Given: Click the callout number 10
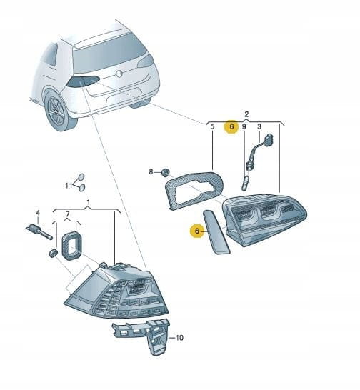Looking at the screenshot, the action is point(179,338).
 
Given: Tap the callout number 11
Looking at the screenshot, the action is point(69,186).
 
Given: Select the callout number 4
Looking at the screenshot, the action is point(38,213).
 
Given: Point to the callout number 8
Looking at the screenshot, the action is point(151,171).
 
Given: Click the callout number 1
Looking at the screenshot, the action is point(88,202).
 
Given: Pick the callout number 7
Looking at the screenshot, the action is point(68,214).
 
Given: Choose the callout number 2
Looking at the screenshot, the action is point(246,114).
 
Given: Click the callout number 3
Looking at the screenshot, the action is point(259,126).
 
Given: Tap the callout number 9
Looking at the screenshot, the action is point(244,126).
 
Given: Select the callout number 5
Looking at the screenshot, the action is point(212,126).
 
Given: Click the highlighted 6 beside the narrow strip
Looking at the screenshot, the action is point(197,231).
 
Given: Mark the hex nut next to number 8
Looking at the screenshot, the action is point(165,171).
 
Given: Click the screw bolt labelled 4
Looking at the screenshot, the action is point(39,231).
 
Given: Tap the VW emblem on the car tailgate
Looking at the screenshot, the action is point(119,74).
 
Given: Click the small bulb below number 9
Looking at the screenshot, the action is point(245,183).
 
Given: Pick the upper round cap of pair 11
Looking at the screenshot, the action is point(81,177).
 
